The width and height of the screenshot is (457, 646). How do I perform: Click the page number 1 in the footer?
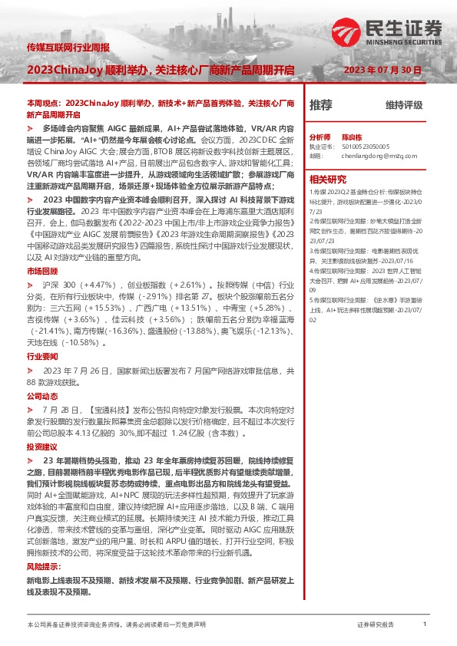(x=424, y=626)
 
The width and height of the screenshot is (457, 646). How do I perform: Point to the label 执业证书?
(x=322, y=144)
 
